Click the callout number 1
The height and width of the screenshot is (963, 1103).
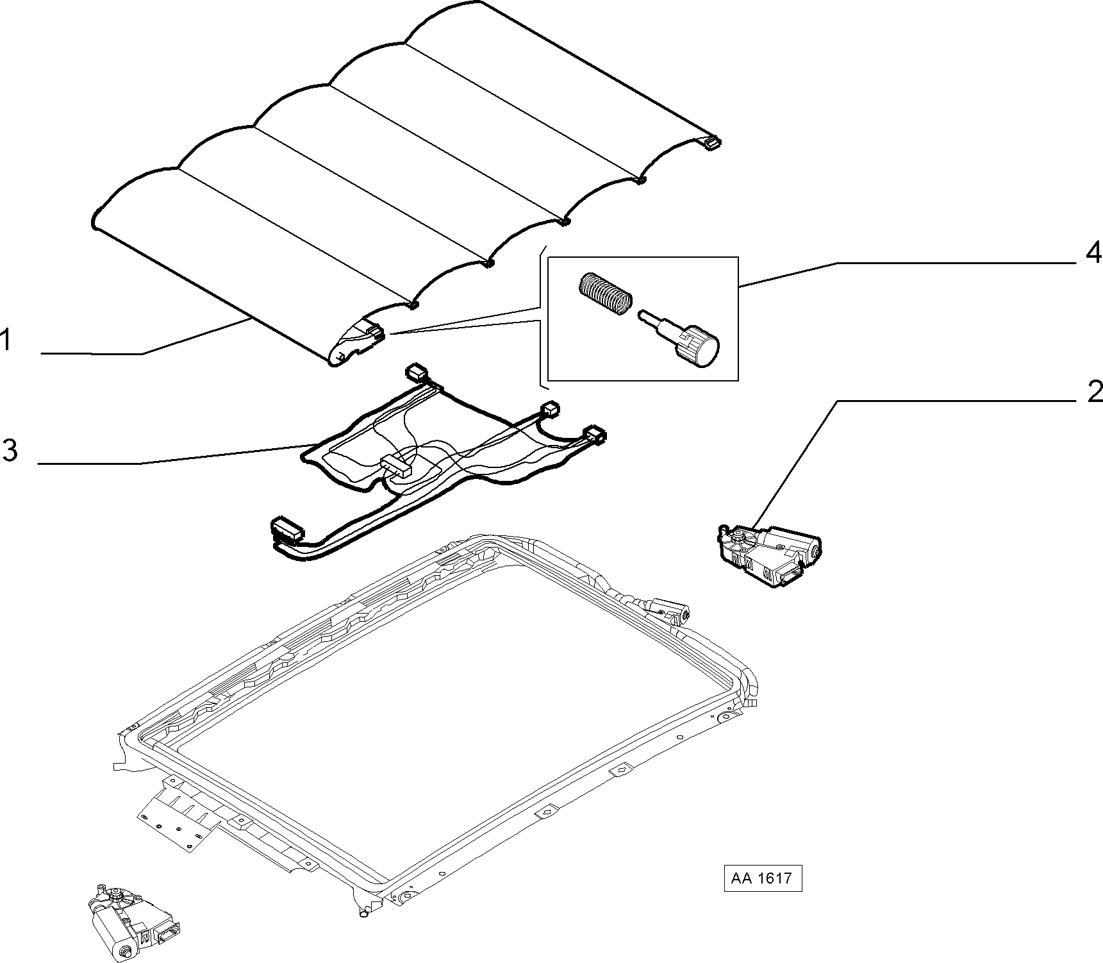coord(6,340)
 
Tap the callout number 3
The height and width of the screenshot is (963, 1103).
coord(9,450)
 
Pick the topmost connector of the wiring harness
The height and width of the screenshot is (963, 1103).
coord(417,373)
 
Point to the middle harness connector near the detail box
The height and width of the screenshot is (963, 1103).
coord(551,408)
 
